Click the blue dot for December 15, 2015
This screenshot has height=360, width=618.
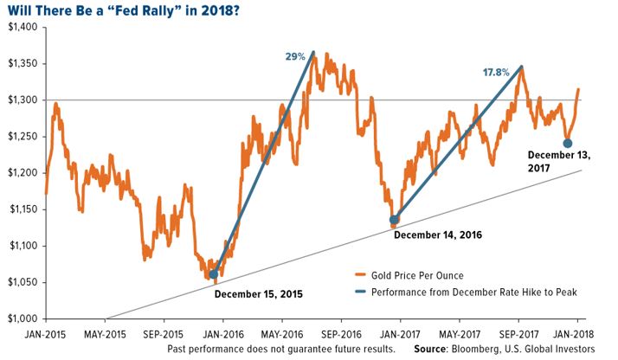point(213,274)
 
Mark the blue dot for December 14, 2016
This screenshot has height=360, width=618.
point(395,220)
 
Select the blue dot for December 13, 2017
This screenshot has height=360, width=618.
point(567,144)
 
